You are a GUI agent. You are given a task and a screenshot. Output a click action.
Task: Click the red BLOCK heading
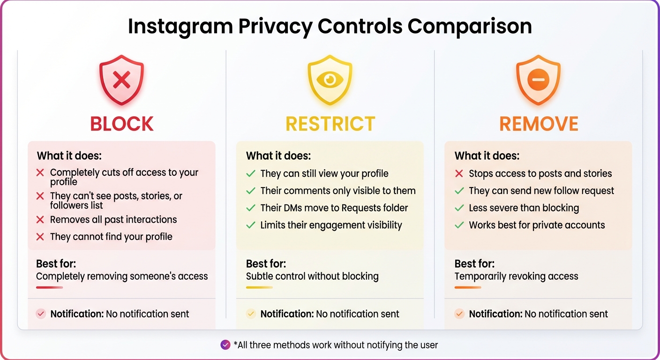[122, 124]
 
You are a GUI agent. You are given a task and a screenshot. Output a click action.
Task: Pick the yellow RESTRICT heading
[330, 124]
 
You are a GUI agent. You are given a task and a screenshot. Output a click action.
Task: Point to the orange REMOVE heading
[539, 124]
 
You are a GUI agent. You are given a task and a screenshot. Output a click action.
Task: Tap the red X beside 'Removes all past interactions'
[40, 219]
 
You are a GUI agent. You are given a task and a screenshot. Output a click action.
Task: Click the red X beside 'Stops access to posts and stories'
[459, 173]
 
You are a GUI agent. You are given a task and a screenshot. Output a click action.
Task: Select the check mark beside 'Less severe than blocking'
[459, 208]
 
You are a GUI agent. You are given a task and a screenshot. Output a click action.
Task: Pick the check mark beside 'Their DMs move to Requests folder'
[251, 208]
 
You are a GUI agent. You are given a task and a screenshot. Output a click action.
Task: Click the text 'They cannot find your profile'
[111, 237]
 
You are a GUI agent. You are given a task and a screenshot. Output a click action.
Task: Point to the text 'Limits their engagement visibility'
[331, 225]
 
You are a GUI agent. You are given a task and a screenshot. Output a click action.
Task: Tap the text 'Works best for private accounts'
[537, 225]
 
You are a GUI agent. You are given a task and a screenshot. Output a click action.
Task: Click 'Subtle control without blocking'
[312, 276]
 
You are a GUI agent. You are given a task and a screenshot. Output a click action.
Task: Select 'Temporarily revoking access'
[516, 276]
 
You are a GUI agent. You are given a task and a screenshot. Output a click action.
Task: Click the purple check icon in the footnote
[225, 345]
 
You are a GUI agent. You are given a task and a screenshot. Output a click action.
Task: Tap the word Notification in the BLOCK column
[77, 314]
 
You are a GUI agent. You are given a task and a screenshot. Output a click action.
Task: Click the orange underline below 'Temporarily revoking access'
[468, 287]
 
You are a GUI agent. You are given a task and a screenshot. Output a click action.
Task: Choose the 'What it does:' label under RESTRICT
[278, 156]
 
